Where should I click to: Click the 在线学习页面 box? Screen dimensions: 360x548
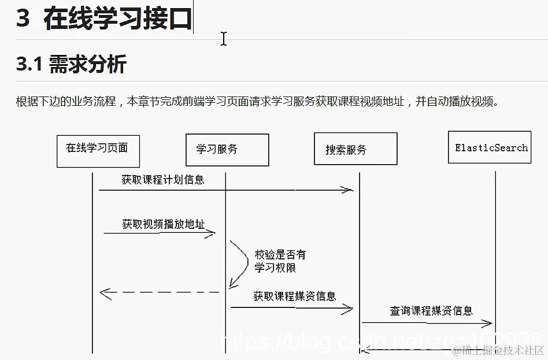click(98, 150)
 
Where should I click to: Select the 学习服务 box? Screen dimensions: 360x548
click(227, 150)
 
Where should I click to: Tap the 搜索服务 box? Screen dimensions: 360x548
click(355, 149)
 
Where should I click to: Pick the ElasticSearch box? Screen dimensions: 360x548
click(490, 147)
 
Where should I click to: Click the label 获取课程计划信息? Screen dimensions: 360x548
click(163, 180)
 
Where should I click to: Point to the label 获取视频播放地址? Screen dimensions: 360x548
click(164, 224)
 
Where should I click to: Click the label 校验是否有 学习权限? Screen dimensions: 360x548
click(280, 261)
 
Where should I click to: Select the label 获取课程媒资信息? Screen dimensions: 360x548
click(295, 296)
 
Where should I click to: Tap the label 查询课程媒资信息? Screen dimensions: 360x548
click(431, 311)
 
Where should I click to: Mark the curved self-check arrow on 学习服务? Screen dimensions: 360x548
click(239, 263)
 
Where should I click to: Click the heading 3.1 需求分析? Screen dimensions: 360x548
click(71, 64)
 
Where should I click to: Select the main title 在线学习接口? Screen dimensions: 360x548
click(117, 18)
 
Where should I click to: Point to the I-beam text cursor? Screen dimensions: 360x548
click(223, 39)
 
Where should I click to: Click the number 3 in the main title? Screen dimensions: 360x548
click(23, 18)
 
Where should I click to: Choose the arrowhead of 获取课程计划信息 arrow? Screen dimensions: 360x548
click(348, 190)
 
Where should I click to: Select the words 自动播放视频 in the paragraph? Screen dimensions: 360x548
click(460, 102)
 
